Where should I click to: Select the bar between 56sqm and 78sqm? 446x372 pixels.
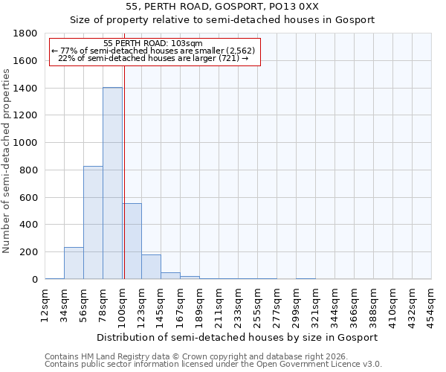click(x=93, y=222)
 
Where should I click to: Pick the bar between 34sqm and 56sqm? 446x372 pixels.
click(x=74, y=263)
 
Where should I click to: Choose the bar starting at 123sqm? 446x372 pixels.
click(x=151, y=267)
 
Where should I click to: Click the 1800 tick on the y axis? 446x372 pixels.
click(x=26, y=33)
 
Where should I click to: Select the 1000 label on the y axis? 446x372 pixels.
click(x=26, y=143)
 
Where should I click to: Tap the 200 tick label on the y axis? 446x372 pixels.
click(x=29, y=252)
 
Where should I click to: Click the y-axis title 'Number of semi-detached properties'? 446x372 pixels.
click(x=7, y=156)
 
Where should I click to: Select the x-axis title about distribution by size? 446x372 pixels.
click(x=238, y=337)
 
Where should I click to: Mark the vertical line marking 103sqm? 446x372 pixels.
click(x=124, y=186)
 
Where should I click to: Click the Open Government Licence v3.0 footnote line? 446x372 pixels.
click(x=213, y=365)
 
